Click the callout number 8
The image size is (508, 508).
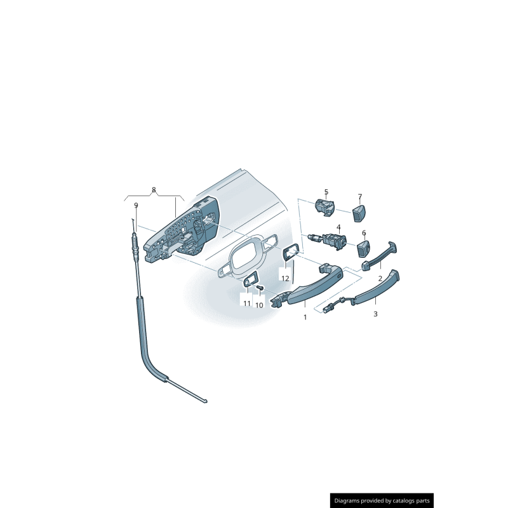[153, 190]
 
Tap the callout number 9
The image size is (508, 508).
[136, 205]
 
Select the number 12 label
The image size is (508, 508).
[285, 278]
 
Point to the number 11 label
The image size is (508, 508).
[247, 303]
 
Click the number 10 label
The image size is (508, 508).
[259, 305]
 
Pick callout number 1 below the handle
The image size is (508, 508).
[304, 317]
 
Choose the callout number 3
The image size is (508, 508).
[375, 314]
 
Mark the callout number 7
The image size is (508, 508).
[359, 196]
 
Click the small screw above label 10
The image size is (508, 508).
[260, 290]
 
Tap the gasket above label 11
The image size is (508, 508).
[250, 280]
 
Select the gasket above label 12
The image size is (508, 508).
[290, 253]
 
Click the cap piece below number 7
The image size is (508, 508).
[360, 211]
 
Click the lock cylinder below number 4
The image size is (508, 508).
[329, 240]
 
